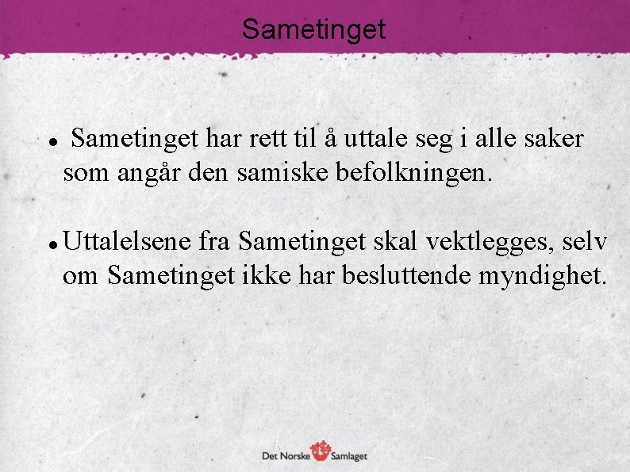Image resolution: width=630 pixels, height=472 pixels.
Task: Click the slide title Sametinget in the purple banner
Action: click(x=314, y=29)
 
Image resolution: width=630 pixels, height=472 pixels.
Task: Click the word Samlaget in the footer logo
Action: click(x=350, y=455)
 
